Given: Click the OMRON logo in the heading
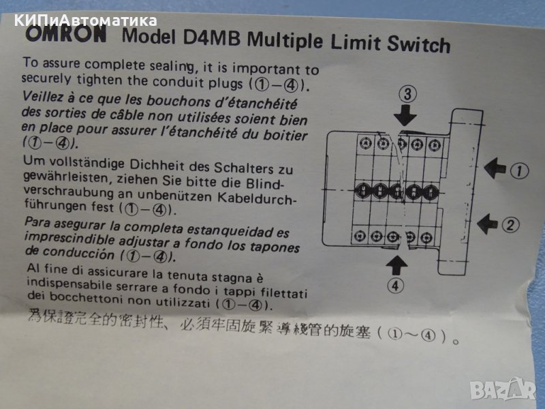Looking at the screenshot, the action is click(x=66, y=34).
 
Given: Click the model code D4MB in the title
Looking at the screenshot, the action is click(x=211, y=38).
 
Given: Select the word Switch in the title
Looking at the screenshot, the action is click(x=418, y=44).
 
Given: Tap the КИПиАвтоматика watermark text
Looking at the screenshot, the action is click(x=86, y=21).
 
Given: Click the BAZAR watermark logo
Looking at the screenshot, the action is click(x=503, y=389).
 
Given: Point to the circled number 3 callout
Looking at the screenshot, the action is click(x=407, y=94).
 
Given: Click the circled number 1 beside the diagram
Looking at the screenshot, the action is click(x=519, y=171).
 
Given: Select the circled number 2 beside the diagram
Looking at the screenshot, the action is click(x=510, y=225).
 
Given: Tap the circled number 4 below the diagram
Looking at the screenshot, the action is click(x=395, y=286).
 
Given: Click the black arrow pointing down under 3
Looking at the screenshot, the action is click(x=405, y=115).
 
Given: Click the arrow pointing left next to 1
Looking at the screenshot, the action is click(x=495, y=168).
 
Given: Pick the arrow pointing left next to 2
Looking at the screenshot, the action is click(x=487, y=224).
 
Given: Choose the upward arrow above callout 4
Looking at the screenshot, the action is click(x=396, y=266).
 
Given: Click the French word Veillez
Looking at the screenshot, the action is click(x=43, y=97).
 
